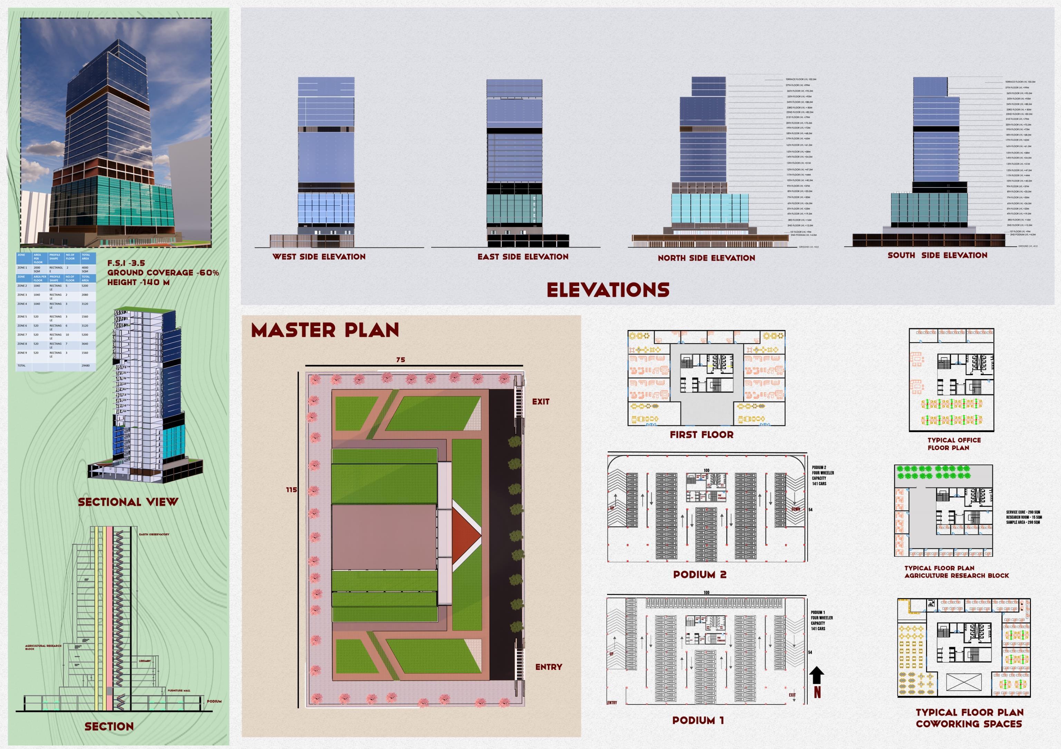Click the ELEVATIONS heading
608,290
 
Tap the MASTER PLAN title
325,330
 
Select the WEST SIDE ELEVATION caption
319,257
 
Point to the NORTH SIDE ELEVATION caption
706,258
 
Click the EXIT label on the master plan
541,401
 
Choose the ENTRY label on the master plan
548,667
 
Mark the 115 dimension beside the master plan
291,490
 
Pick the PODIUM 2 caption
700,575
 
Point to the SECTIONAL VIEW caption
128,502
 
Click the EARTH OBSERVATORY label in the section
154,535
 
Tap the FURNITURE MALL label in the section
178,691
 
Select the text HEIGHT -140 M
138,282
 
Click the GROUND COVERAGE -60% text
163,273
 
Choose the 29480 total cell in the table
86,366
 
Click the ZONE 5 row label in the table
22,317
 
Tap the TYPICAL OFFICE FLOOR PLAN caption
954,444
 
